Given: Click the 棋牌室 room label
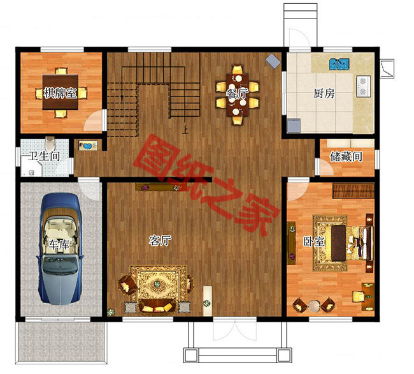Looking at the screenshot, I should click(61, 93).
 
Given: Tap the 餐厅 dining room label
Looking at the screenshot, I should click(237, 93).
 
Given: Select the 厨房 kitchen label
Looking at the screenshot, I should click(324, 93).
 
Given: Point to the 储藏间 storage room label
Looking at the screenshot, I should click(346, 156).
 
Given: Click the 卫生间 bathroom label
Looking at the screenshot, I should click(41, 156).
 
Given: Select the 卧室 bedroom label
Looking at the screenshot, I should click(314, 242).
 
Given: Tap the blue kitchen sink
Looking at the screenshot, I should click(339, 64).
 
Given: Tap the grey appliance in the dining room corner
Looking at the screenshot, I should click(273, 61).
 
